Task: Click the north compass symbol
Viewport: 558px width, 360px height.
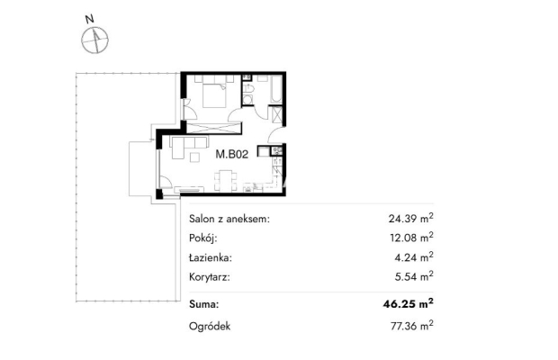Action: pyautogui.click(x=95, y=40)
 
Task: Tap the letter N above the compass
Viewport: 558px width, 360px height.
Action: pyautogui.click(x=90, y=19)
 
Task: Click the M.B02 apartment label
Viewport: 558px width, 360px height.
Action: pyautogui.click(x=231, y=155)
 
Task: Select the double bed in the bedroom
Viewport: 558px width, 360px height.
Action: pyautogui.click(x=214, y=94)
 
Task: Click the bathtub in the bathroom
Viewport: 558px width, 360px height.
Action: pyautogui.click(x=275, y=89)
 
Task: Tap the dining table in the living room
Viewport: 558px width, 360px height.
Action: pyautogui.click(x=225, y=181)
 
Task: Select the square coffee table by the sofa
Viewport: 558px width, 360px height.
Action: pyautogui.click(x=194, y=157)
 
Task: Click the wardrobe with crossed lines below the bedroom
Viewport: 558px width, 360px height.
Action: pyautogui.click(x=214, y=128)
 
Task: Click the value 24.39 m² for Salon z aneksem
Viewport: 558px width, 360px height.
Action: pyautogui.click(x=410, y=218)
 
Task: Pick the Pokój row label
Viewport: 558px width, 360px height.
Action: pyautogui.click(x=202, y=238)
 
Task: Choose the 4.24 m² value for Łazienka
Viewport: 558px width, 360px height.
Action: pyautogui.click(x=414, y=256)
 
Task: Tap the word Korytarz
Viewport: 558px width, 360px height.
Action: pyautogui.click(x=209, y=277)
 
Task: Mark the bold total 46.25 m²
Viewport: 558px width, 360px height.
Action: pyautogui.click(x=409, y=304)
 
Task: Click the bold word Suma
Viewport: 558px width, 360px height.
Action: pyautogui.click(x=204, y=304)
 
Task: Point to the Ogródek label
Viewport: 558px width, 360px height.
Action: pyautogui.click(x=210, y=327)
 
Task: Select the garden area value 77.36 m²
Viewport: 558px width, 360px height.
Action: pyautogui.click(x=411, y=326)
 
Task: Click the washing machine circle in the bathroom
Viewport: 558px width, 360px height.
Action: pyautogui.click(x=248, y=100)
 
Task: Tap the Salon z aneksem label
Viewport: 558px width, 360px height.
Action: pyautogui.click(x=229, y=219)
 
